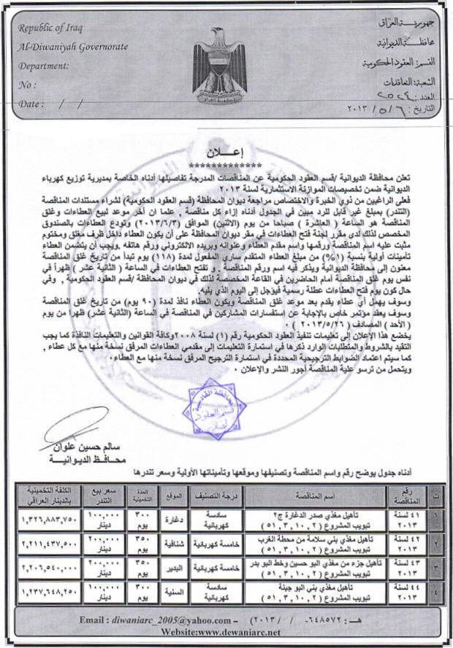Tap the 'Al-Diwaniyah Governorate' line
click(74, 47)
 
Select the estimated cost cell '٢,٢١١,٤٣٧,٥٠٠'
click(46, 544)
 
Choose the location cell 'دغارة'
click(172, 518)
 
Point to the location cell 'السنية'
click(172, 590)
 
